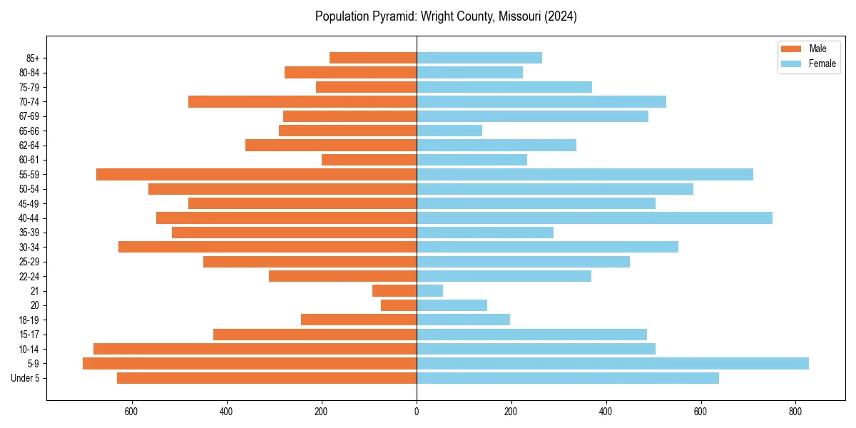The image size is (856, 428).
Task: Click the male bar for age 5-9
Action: point(250,363)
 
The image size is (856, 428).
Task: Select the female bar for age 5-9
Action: point(612,363)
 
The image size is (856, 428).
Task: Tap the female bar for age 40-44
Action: point(594,218)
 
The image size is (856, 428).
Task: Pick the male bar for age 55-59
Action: point(256,174)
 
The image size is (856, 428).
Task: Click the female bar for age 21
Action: point(429,290)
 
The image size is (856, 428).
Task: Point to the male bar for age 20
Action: point(399,305)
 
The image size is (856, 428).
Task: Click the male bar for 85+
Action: point(373,58)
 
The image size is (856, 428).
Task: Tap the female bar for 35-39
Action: point(485,233)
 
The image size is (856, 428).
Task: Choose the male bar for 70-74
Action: point(302,101)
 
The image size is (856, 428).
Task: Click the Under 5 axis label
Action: point(25,378)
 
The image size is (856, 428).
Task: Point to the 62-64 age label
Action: point(29,146)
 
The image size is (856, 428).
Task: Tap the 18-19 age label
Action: point(29,320)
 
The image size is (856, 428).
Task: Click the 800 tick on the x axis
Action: point(795,412)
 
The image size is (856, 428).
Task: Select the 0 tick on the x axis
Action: point(417,412)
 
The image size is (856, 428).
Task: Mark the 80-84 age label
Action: point(29,73)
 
